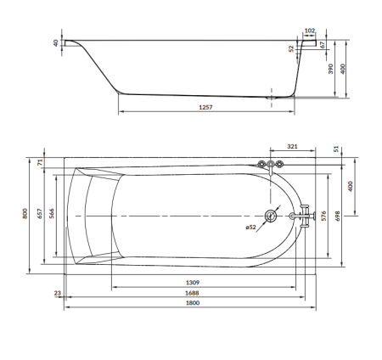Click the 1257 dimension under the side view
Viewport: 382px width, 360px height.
click(205, 107)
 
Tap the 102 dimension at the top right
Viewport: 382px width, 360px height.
click(310, 31)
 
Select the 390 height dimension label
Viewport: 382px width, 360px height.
click(331, 69)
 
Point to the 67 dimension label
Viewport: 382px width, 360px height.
click(323, 45)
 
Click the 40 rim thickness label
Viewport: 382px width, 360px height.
click(56, 43)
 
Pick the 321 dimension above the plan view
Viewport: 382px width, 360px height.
click(292, 146)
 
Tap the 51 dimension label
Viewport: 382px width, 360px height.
click(336, 149)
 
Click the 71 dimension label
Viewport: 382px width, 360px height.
click(40, 162)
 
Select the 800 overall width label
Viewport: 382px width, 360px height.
click(25, 213)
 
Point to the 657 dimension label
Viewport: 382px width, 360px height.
click(40, 213)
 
